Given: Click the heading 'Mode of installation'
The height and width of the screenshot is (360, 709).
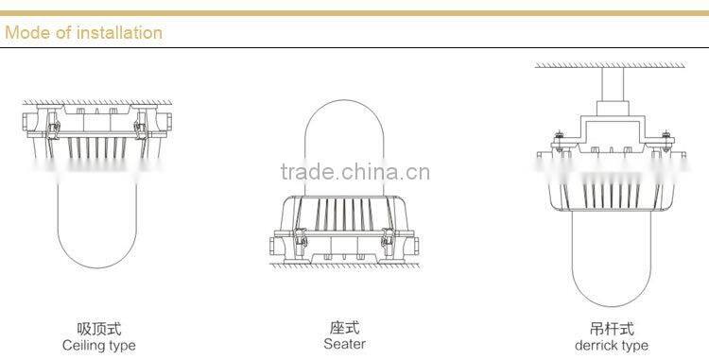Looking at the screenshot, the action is [83, 33].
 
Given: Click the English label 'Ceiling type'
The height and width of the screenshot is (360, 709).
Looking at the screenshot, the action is [98, 345].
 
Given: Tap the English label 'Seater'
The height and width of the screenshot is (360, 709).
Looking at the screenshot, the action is [344, 344].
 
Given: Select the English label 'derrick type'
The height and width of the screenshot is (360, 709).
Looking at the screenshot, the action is [612, 345].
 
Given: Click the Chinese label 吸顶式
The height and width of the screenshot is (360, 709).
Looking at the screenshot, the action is [98, 329].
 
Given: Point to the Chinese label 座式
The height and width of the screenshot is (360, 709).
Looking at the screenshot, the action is [344, 328].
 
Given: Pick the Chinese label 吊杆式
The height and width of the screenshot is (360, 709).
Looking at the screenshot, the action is [612, 329].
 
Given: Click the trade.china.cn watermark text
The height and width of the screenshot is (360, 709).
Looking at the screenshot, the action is [355, 173].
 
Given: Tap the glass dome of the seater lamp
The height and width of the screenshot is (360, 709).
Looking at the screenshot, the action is [344, 142].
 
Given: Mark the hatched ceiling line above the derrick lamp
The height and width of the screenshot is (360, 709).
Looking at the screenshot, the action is [612, 65].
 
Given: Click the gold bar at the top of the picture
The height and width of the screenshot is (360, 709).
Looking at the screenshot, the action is [354, 12].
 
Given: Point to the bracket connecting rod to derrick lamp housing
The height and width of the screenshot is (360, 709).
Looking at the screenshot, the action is [612, 128].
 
